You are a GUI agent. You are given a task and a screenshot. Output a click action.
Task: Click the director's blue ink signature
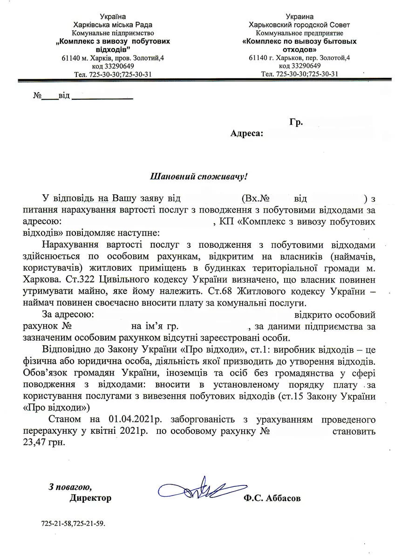[196, 490]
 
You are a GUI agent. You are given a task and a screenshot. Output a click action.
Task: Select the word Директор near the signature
[90, 498]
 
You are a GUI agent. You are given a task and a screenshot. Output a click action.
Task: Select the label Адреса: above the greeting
[247, 134]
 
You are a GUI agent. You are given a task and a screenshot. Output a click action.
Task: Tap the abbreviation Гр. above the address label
[296, 122]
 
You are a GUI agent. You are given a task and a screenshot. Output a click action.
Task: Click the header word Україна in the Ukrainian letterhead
[113, 17]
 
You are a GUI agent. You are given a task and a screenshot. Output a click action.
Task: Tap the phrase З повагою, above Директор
[70, 487]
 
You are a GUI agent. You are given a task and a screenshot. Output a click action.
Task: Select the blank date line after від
[102, 98]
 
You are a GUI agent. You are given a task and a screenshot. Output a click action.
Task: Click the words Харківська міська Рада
[113, 25]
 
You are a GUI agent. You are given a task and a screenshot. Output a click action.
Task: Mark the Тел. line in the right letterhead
[300, 74]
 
